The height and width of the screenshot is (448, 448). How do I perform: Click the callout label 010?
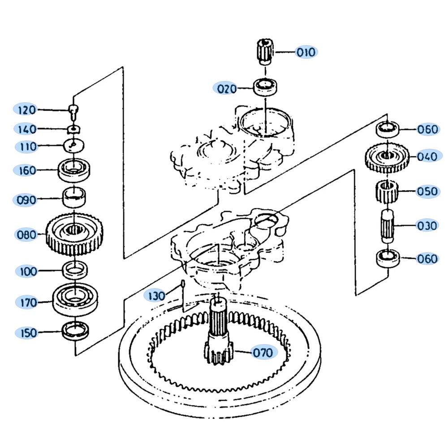(306, 52)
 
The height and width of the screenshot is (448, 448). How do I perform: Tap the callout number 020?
(227, 89)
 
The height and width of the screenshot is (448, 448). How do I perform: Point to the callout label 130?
(156, 296)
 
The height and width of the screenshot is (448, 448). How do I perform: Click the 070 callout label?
(263, 353)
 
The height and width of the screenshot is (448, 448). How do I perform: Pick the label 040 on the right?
(427, 157)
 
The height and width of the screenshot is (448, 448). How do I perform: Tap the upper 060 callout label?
(427, 129)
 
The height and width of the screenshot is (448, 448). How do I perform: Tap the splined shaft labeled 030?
(386, 224)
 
